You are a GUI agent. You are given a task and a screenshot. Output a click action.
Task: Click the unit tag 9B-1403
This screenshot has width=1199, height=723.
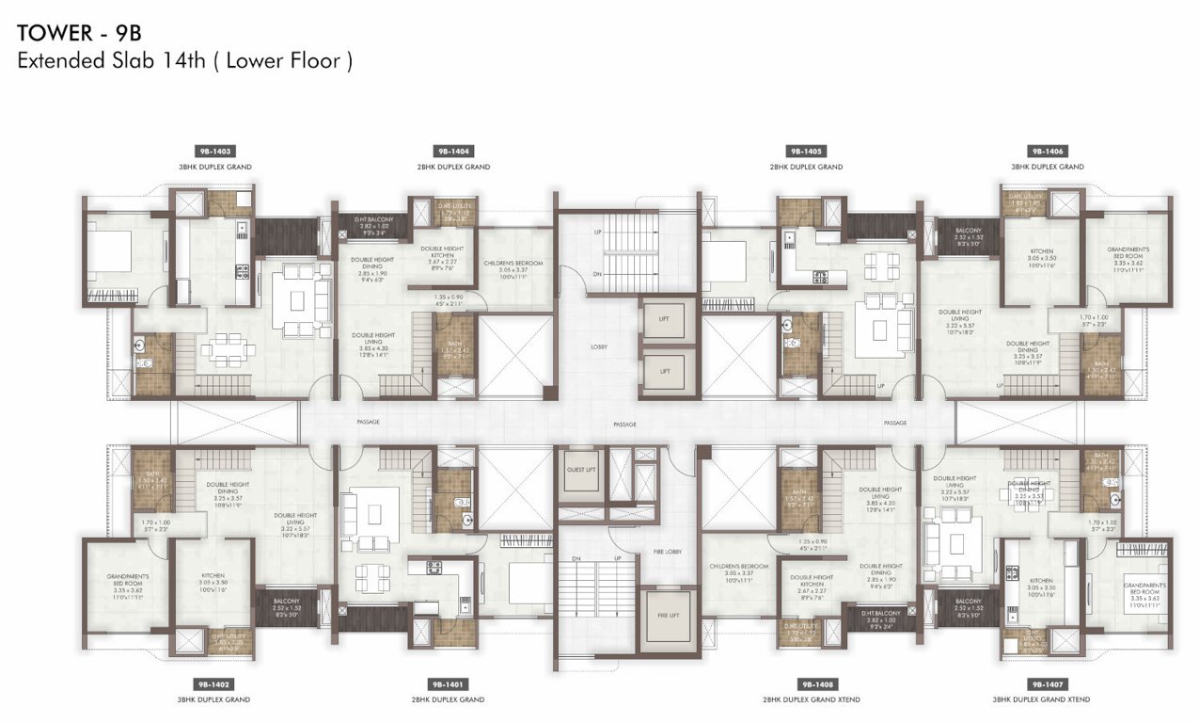(x=215, y=151)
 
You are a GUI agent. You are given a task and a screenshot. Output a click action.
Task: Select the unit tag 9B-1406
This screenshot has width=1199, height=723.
(x=1047, y=151)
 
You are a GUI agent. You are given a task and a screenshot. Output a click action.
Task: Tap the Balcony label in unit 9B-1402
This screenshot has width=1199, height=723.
(x=286, y=601)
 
